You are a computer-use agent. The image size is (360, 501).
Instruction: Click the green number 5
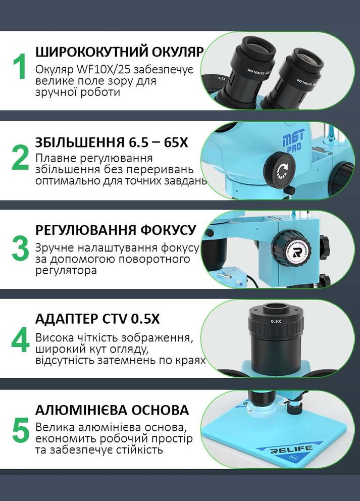point(20,430)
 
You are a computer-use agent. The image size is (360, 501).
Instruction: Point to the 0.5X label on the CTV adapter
point(276,321)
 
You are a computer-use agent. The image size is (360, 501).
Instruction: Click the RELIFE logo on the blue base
point(292,448)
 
